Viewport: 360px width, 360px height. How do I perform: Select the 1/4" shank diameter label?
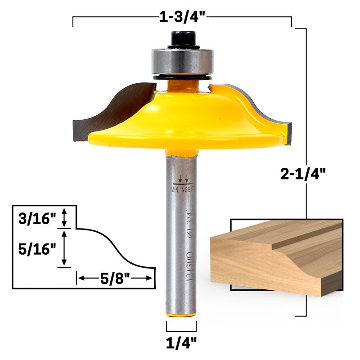pos(181,343)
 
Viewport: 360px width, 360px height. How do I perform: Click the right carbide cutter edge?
pos(270,108)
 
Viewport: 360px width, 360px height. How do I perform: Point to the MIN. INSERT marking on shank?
pos(183,189)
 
